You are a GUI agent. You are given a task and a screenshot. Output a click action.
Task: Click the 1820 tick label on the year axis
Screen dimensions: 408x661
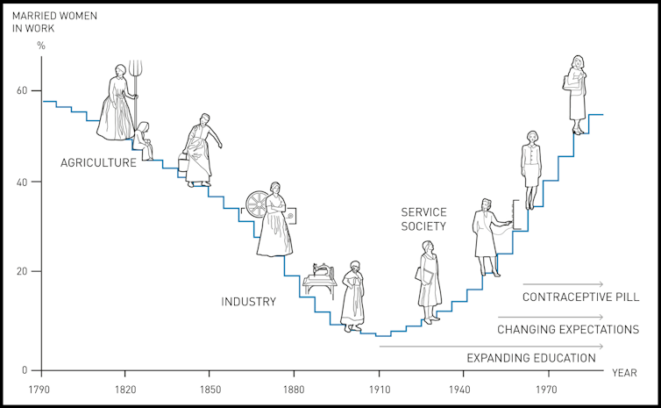coord(124,388)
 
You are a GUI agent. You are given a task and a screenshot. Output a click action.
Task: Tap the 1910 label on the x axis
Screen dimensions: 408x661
coord(379,388)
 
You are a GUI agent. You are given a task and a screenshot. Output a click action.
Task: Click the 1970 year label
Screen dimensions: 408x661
coord(549,388)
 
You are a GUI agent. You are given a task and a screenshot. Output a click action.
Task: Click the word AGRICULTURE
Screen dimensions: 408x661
coord(98,162)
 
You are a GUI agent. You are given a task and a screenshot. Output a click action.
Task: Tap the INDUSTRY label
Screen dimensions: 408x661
coord(248,302)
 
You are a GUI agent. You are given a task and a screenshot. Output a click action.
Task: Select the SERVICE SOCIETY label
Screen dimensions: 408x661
coord(423,219)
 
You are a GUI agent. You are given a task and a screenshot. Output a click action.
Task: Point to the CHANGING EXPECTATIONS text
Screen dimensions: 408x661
coord(568,330)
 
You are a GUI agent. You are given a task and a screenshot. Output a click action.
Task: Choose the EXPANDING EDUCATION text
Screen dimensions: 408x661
coord(531,358)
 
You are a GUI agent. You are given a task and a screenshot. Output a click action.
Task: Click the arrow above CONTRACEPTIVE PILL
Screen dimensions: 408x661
coord(563,284)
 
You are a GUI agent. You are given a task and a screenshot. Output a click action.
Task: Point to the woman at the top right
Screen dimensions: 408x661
coord(577,88)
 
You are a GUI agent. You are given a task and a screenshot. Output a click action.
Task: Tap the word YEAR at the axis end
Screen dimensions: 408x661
coord(624,373)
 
